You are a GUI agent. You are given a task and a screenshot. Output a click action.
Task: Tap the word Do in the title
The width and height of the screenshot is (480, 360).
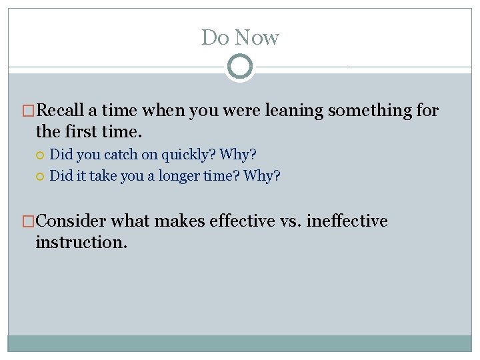(x=215, y=37)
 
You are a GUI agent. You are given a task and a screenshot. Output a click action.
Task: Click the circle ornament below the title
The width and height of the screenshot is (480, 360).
(x=240, y=67)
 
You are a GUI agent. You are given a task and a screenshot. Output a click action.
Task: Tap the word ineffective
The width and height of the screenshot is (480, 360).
(x=347, y=221)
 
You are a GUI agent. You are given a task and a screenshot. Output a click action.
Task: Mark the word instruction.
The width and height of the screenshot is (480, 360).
(x=81, y=242)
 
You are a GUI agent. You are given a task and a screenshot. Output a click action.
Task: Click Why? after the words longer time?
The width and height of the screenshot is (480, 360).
(x=262, y=176)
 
